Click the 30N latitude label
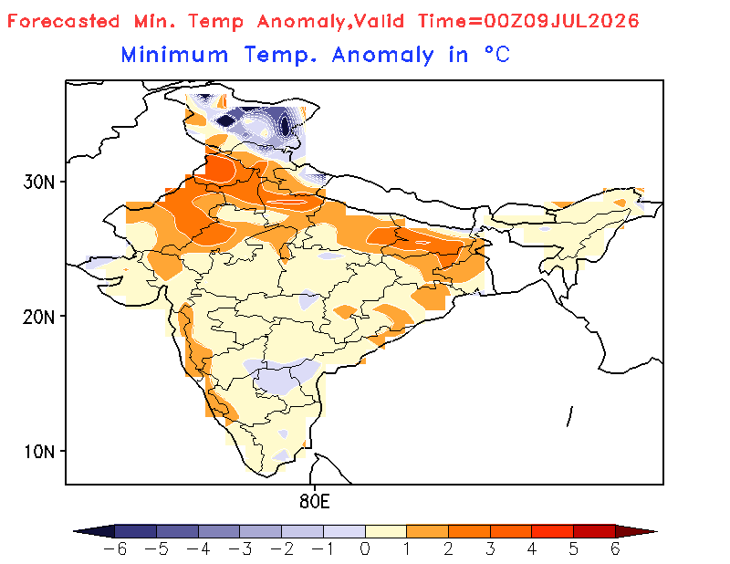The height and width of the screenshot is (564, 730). click(x=38, y=183)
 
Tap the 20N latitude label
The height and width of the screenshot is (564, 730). click(x=38, y=318)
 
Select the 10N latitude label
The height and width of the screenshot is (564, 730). click(x=38, y=452)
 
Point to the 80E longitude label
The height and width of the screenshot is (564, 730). click(x=314, y=502)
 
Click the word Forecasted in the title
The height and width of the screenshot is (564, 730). click(x=63, y=21)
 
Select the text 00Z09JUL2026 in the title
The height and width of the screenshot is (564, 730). click(x=561, y=21)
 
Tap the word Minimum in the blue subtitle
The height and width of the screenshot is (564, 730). click(x=174, y=55)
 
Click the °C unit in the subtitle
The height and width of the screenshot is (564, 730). click(x=497, y=55)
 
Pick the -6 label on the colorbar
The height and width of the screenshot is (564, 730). click(x=115, y=549)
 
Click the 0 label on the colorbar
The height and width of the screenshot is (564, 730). click(x=365, y=549)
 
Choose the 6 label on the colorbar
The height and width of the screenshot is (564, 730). click(x=615, y=549)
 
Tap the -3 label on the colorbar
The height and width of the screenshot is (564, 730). click(x=240, y=549)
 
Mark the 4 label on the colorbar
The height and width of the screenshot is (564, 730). click(x=532, y=549)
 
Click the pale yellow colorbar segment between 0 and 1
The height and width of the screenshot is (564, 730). click(x=386, y=531)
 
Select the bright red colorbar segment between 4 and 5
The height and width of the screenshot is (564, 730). click(x=553, y=531)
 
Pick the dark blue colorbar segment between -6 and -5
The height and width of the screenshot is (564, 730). click(x=135, y=531)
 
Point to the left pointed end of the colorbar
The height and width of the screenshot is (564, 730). click(x=74, y=531)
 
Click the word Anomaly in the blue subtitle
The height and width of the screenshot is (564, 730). click(x=382, y=56)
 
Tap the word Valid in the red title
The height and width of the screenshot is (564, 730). click(x=379, y=21)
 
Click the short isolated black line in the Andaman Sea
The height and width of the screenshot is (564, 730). click(x=569, y=416)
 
